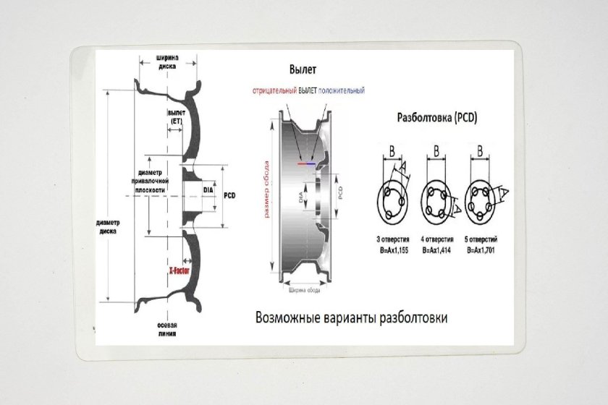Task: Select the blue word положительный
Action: point(342,91)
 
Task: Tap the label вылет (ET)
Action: point(176,117)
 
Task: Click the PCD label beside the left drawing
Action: point(231,195)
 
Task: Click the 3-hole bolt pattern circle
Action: point(394,199)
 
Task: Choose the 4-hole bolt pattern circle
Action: point(437,199)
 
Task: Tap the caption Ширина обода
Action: point(305,291)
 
